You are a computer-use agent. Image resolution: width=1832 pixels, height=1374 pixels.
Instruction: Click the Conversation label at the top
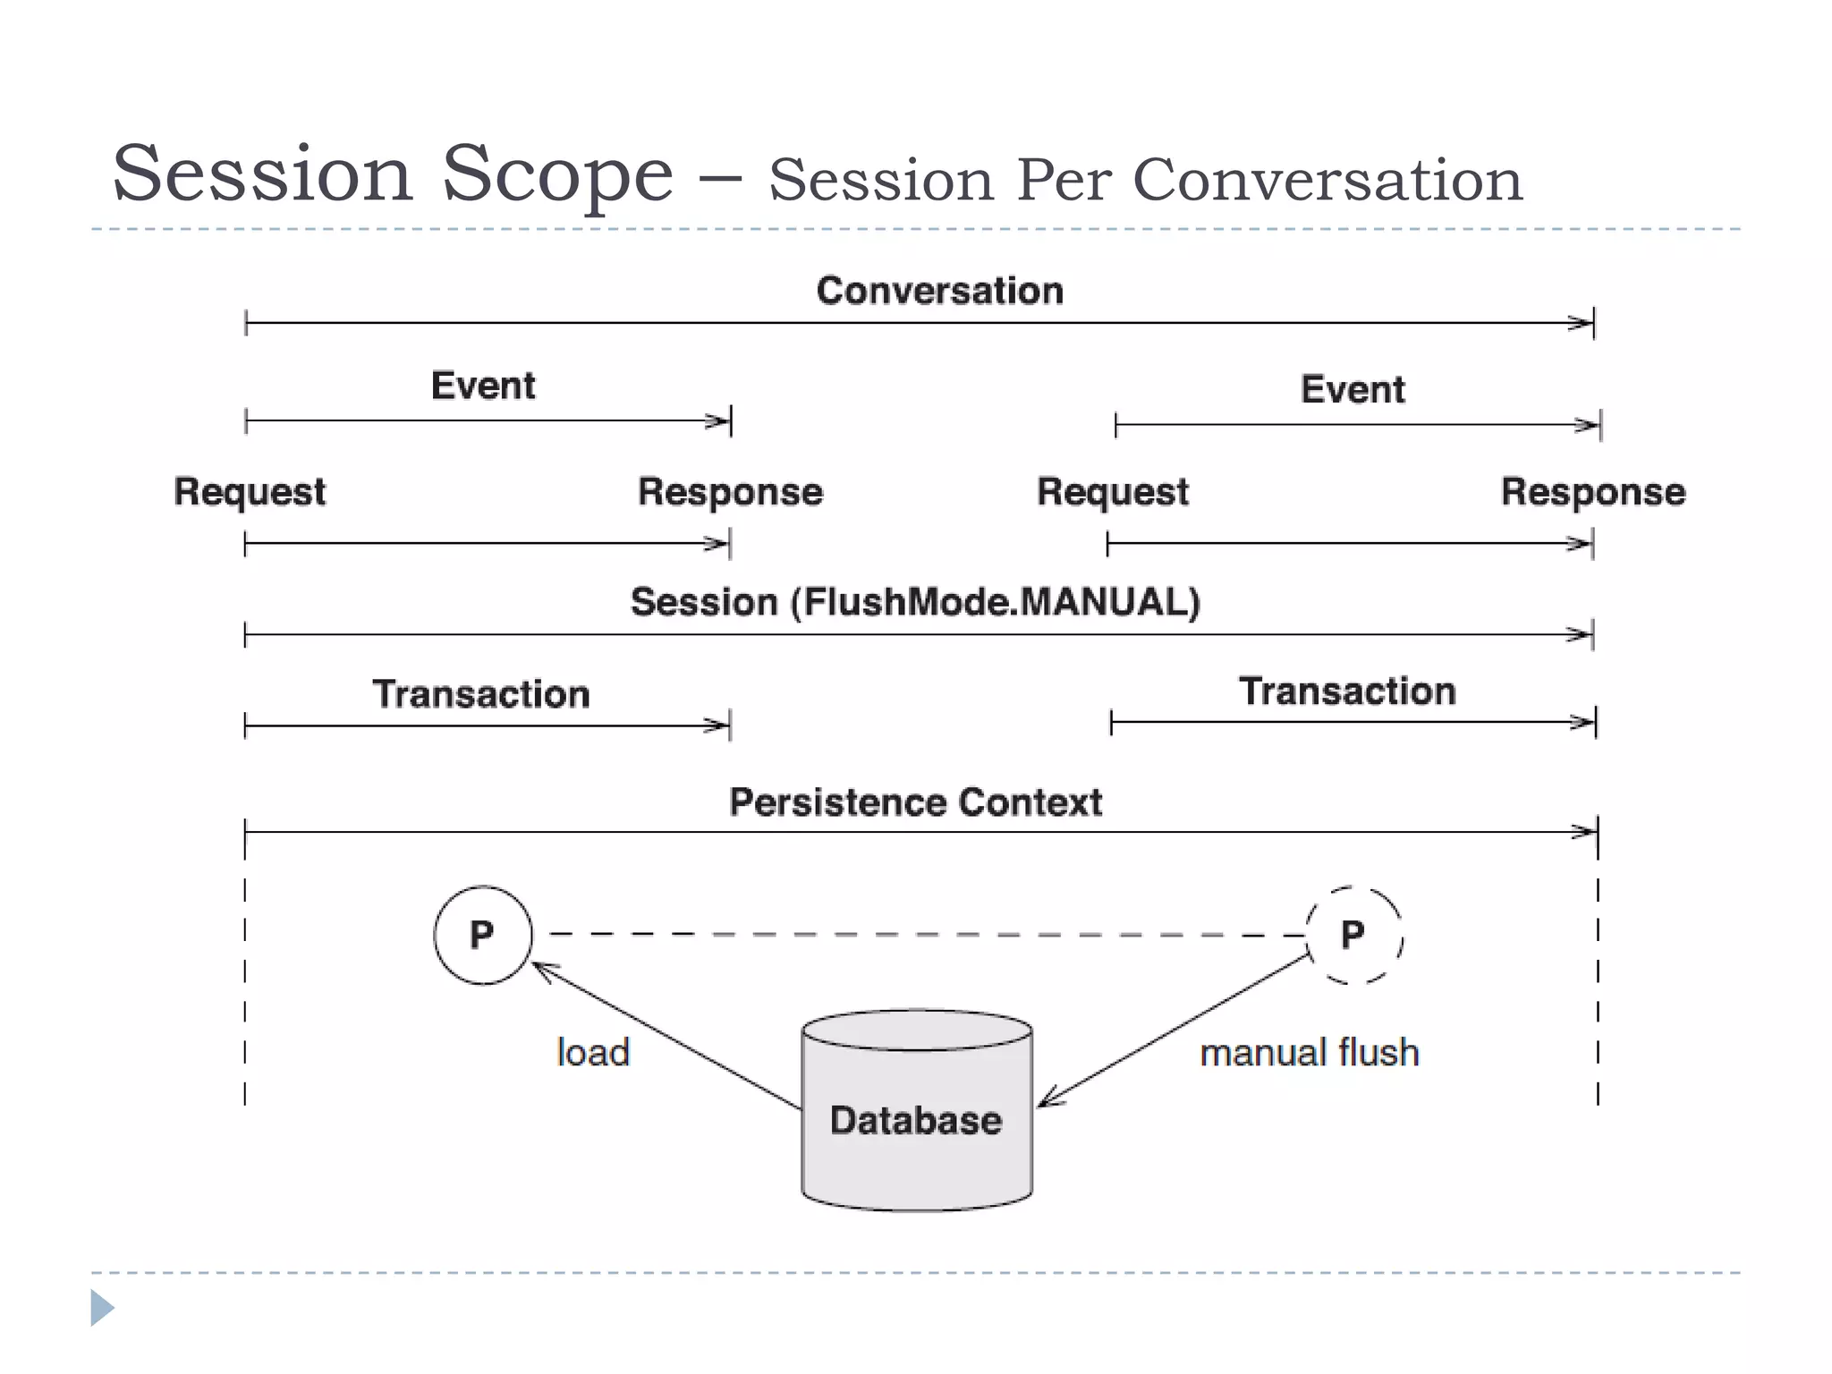click(939, 291)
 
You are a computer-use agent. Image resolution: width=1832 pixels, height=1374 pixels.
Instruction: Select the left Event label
click(483, 386)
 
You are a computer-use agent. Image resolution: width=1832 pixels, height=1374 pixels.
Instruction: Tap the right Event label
click(1353, 390)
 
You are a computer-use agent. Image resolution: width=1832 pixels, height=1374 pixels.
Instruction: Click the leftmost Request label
click(250, 492)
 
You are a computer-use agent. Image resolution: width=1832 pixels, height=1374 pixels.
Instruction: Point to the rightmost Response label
click(1592, 492)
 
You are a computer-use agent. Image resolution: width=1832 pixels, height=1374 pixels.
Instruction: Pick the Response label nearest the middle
click(730, 492)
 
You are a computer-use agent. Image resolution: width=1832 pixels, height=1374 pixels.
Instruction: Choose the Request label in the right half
click(1112, 492)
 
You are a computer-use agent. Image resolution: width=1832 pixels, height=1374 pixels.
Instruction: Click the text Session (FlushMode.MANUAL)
click(915, 602)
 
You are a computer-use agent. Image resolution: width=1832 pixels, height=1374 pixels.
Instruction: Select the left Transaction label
click(481, 694)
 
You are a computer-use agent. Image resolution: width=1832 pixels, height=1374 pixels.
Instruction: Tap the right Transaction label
click(1347, 691)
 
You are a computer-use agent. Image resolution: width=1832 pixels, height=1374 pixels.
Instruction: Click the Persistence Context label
click(915, 802)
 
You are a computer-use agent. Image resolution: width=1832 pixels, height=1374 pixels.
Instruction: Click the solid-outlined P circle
click(483, 935)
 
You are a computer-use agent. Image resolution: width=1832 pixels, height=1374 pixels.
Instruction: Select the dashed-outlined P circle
click(1353, 935)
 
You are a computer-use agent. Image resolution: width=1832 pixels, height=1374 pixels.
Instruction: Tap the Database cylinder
click(917, 1118)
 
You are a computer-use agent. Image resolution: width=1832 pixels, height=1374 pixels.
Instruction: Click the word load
click(593, 1052)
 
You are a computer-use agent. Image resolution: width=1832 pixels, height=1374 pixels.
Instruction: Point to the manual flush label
click(1309, 1052)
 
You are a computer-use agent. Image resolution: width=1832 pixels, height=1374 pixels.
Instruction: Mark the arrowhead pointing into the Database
click(1047, 1099)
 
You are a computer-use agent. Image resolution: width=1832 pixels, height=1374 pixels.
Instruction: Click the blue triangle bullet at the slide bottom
click(101, 1308)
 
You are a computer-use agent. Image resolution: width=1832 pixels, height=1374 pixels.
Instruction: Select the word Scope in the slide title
click(556, 174)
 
